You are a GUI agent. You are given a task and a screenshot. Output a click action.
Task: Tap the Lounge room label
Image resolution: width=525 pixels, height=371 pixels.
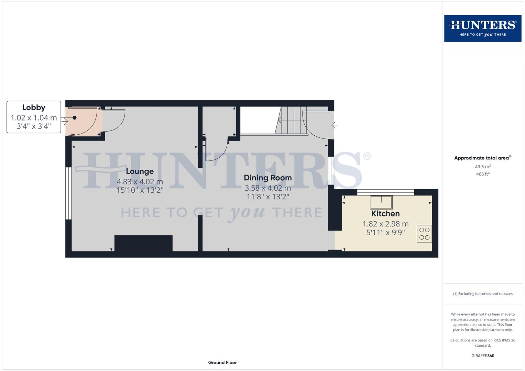(140, 171)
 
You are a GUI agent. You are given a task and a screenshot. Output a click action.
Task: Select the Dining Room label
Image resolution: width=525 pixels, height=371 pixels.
(267, 178)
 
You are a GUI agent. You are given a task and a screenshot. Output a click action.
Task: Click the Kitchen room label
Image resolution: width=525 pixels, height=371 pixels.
(385, 213)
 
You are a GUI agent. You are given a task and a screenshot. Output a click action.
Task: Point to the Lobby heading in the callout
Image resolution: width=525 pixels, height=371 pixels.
(34, 108)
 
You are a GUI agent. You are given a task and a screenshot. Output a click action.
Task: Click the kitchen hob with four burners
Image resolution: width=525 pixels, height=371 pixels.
(424, 234)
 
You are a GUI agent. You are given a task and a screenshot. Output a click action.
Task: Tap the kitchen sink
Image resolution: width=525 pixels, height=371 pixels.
(381, 202)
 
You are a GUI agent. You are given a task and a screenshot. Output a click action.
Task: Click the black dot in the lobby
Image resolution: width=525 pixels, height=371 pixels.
(74, 118)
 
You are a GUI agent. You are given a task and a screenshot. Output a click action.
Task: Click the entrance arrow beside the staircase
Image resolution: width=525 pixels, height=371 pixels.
(335, 125)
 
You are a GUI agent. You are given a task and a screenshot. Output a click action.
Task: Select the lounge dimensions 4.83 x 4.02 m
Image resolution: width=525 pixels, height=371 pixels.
(140, 182)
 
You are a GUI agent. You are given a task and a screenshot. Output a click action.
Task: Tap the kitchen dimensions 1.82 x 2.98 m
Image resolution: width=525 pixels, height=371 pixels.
(385, 224)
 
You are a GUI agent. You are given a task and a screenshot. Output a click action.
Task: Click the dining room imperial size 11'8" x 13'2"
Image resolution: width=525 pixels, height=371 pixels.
(267, 197)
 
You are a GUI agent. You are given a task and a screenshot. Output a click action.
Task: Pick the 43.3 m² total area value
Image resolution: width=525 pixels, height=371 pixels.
(482, 167)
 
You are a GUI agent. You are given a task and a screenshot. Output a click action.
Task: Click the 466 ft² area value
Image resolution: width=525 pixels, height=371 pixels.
(482, 174)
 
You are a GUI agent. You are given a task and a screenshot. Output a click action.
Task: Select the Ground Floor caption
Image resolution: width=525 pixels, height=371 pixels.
(222, 362)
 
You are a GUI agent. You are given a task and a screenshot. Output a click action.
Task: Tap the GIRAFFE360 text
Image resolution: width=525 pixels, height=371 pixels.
(482, 356)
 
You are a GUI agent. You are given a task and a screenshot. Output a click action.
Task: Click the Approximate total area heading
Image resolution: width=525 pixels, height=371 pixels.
(482, 158)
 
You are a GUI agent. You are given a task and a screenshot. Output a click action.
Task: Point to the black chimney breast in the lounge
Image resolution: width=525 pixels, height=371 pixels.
(143, 243)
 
